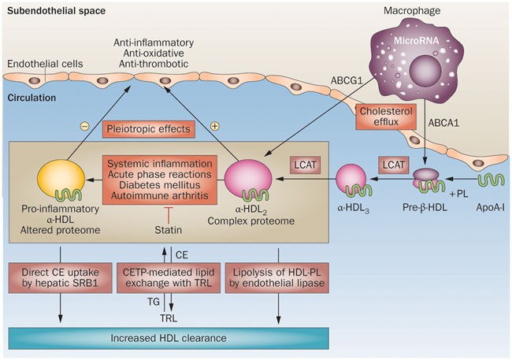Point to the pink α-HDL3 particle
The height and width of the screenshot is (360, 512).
[354, 180]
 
